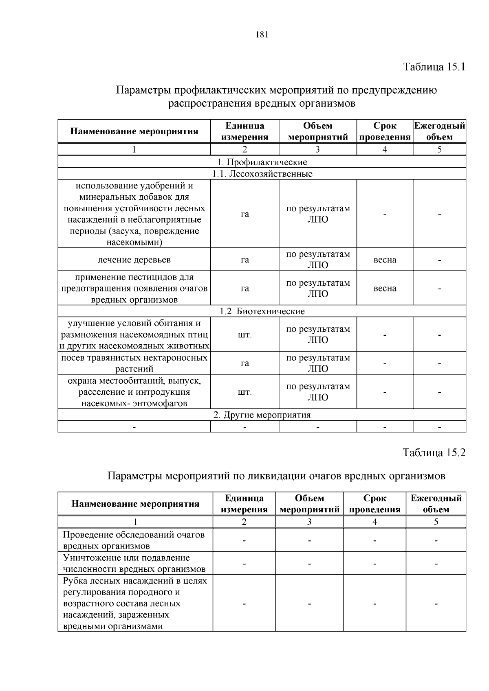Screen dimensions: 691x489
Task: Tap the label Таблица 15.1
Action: point(434,67)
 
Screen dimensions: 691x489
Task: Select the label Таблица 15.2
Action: point(434,453)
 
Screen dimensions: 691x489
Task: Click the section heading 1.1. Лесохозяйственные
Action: point(262,174)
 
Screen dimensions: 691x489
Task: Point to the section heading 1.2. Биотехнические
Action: point(262,311)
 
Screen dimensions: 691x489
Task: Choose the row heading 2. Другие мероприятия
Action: point(262,415)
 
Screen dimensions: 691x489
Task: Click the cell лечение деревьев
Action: point(134,260)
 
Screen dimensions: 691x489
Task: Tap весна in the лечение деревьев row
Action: point(385,260)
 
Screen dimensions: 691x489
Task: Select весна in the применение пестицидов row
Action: point(385,289)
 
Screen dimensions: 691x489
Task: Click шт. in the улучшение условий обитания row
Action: point(244,335)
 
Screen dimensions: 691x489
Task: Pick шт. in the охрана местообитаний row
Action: point(244,392)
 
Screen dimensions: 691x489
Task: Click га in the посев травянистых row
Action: point(244,363)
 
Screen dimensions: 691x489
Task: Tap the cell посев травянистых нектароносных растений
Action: point(134,363)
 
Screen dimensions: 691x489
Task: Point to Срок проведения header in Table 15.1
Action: point(385,131)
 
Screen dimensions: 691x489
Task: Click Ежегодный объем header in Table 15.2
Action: point(436,504)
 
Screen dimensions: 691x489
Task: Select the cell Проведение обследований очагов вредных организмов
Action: point(134,540)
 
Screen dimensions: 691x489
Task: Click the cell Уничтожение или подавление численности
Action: point(134,563)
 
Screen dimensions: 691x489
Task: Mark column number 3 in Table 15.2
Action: point(309,522)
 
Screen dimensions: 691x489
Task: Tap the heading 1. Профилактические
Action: point(262,162)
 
